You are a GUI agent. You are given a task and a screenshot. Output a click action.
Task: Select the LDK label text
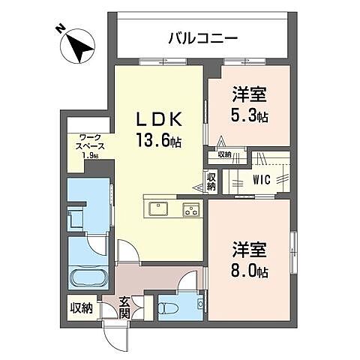[x=158, y=118]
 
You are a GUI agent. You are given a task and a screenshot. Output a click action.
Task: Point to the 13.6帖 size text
[x=159, y=139]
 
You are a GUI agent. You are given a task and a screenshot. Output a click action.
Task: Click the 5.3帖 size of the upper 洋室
[x=250, y=117]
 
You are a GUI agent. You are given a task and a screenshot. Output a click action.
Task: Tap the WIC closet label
[x=262, y=180]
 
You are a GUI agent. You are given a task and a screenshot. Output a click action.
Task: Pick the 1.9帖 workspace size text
[x=89, y=156]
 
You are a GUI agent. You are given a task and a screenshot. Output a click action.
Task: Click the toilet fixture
[x=167, y=307]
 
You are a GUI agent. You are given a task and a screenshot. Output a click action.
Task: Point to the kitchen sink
[x=159, y=208]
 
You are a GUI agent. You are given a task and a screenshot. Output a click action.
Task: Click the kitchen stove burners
[x=190, y=209]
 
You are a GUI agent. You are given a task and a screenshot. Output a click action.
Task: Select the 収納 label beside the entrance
[x=81, y=307]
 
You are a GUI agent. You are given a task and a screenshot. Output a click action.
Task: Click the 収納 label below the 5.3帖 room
[x=224, y=154]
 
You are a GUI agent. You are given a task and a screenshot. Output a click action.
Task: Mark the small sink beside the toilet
[x=199, y=303]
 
